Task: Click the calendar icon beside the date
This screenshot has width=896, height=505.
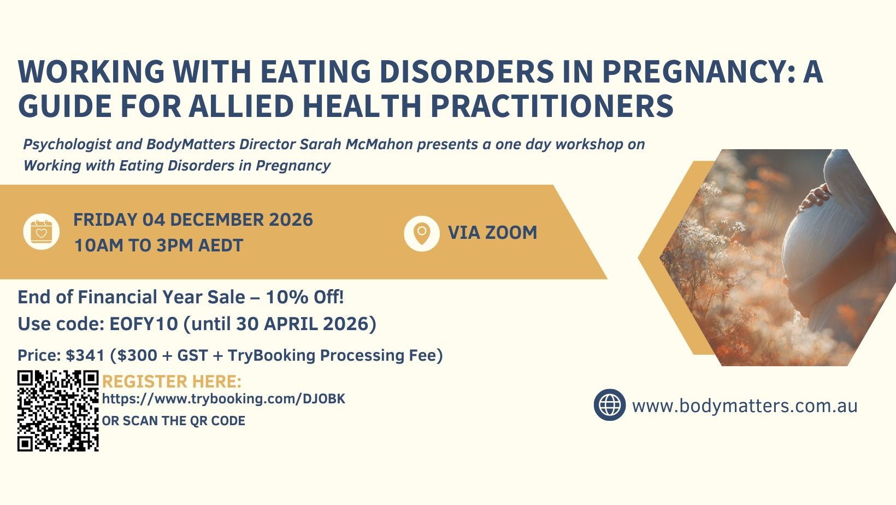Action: point(41,232)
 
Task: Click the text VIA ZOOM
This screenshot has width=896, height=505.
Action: point(492,233)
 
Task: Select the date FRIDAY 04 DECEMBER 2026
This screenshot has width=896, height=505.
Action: point(193,220)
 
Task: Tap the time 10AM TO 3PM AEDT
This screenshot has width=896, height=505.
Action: point(159,245)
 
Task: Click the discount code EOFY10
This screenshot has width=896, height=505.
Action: point(144,324)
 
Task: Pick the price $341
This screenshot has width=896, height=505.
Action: point(85,355)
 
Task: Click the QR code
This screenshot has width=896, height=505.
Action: point(58,411)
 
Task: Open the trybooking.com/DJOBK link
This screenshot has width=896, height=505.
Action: point(223,399)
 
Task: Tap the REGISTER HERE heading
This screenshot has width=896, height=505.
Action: point(172,381)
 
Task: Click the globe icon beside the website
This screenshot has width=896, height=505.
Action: point(610,404)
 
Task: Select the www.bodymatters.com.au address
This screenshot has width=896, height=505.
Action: point(745,406)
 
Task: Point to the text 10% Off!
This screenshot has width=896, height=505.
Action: point(304,297)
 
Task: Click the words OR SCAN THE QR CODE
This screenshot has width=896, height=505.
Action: point(174,421)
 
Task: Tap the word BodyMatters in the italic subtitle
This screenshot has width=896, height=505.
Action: point(190,144)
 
